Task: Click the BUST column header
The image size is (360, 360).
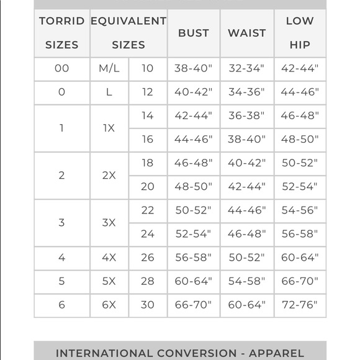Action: [194, 33]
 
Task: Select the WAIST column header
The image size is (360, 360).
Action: [246, 33]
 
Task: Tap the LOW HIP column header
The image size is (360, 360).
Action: [299, 33]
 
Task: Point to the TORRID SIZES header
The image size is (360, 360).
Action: [62, 33]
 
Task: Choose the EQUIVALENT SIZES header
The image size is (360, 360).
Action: [128, 33]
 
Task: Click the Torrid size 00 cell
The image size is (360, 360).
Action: [62, 69]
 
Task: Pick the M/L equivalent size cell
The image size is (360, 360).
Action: [109, 69]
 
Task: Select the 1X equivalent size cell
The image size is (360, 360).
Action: [109, 128]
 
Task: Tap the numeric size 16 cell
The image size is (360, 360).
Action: [147, 140]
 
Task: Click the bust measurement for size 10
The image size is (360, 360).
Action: [194, 69]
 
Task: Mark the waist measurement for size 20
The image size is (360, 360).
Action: [246, 187]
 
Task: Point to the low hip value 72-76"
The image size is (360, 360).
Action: [299, 305]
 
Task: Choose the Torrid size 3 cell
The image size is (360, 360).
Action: [62, 222]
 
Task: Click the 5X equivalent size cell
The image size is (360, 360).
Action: [109, 281]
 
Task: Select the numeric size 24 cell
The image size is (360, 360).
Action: [147, 234]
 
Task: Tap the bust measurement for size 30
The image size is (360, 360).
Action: [194, 305]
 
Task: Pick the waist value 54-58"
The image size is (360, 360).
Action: [246, 281]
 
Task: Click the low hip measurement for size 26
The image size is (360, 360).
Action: [299, 258]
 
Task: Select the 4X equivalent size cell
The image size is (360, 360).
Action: [109, 258]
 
